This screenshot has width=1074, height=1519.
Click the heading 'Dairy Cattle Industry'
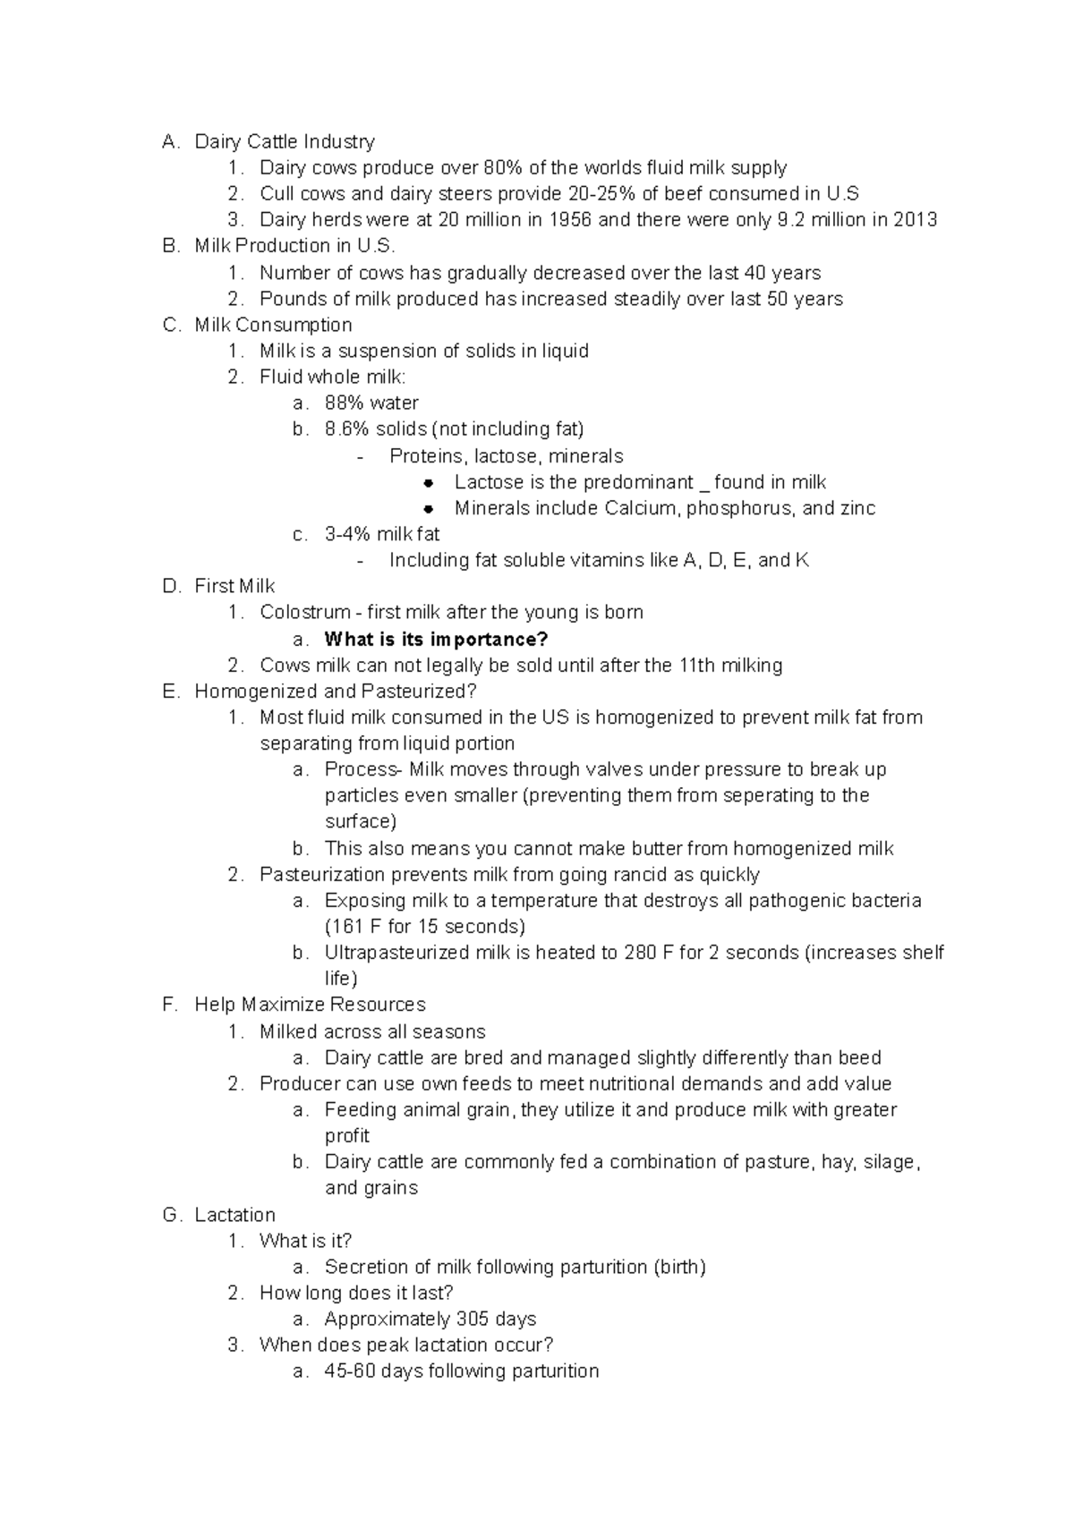[284, 141]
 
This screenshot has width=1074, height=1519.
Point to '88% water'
[371, 403]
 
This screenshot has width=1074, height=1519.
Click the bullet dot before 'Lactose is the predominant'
[430, 482]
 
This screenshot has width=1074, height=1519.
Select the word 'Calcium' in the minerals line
[640, 508]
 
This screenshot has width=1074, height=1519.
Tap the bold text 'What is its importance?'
[436, 639]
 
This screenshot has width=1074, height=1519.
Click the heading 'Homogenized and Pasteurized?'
[336, 691]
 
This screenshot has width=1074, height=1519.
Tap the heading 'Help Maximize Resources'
[310, 1005]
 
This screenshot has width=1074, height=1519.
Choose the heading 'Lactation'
[234, 1215]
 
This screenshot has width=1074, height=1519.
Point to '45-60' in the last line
[349, 1371]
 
